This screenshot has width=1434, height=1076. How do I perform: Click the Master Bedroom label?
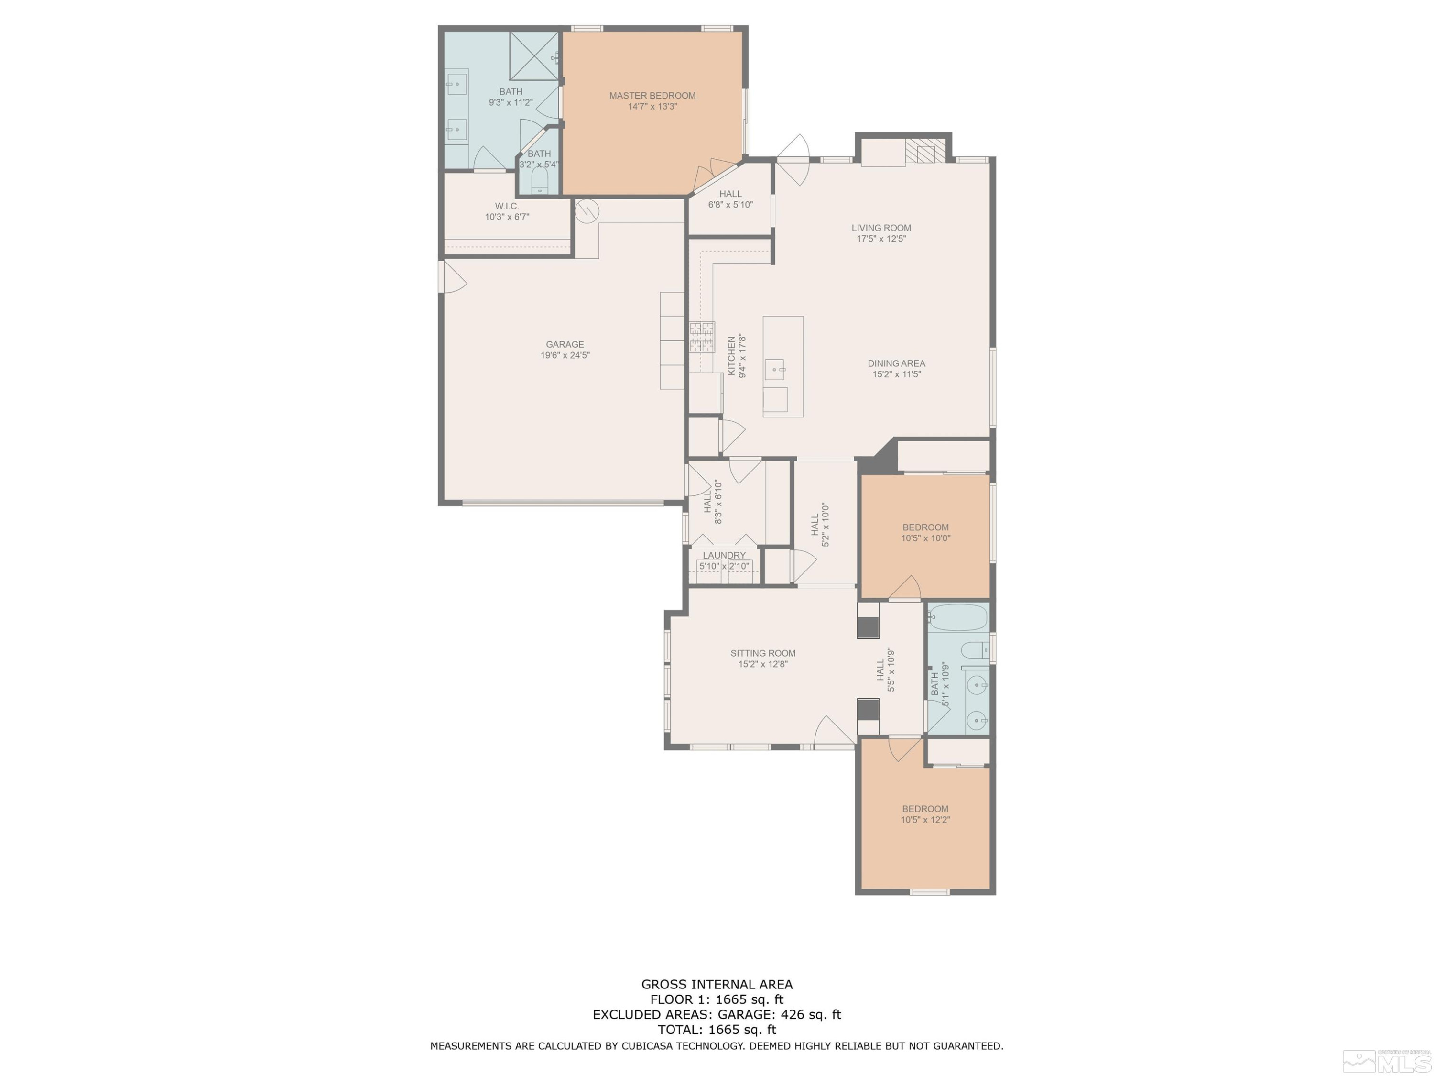(x=652, y=95)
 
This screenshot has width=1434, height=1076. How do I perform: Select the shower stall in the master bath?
(x=533, y=56)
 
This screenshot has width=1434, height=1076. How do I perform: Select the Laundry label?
(x=724, y=555)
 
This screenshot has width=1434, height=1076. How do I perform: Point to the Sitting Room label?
(x=762, y=653)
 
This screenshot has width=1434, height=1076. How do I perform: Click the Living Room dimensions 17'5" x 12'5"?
(x=880, y=239)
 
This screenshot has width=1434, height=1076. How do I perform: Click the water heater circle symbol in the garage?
(x=587, y=211)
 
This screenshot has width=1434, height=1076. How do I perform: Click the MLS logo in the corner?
(x=1389, y=1061)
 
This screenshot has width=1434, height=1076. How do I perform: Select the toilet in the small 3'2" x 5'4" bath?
(x=539, y=186)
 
